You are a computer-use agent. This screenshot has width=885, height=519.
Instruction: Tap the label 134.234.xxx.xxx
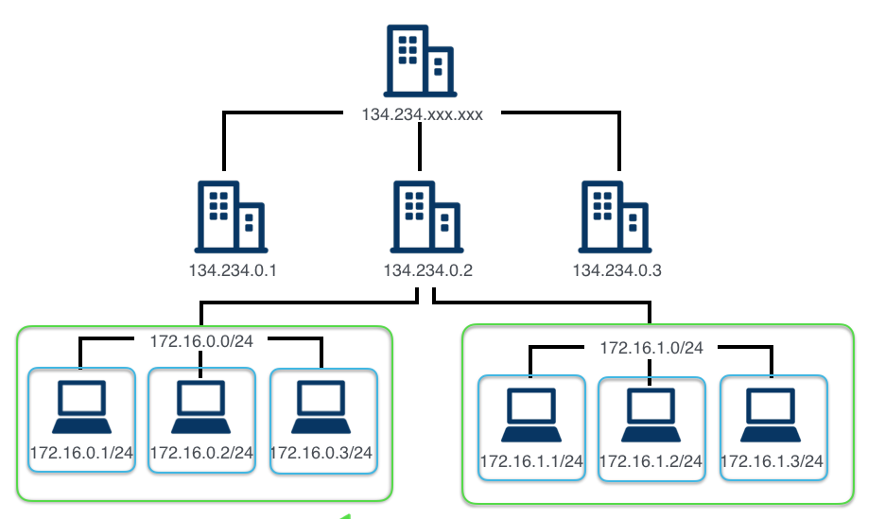[x=422, y=115]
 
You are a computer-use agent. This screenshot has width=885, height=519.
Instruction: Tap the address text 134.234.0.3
[x=616, y=271]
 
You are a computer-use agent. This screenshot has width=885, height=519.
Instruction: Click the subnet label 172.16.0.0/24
[x=200, y=338]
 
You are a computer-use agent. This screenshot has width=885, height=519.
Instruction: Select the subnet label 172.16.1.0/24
[x=651, y=347]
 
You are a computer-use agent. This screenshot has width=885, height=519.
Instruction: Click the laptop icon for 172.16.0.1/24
[x=81, y=407]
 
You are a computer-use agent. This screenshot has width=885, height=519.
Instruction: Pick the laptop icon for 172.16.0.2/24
[x=201, y=407]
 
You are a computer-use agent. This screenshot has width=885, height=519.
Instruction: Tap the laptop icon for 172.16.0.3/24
[x=321, y=407]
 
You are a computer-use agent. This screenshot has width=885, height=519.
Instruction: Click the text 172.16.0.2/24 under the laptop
[x=201, y=453]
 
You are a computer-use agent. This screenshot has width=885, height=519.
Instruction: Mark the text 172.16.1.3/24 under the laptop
[x=772, y=461]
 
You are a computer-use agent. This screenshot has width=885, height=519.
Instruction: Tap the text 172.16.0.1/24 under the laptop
[x=81, y=453]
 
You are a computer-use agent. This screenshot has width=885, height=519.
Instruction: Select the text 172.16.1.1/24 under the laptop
[x=531, y=461]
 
